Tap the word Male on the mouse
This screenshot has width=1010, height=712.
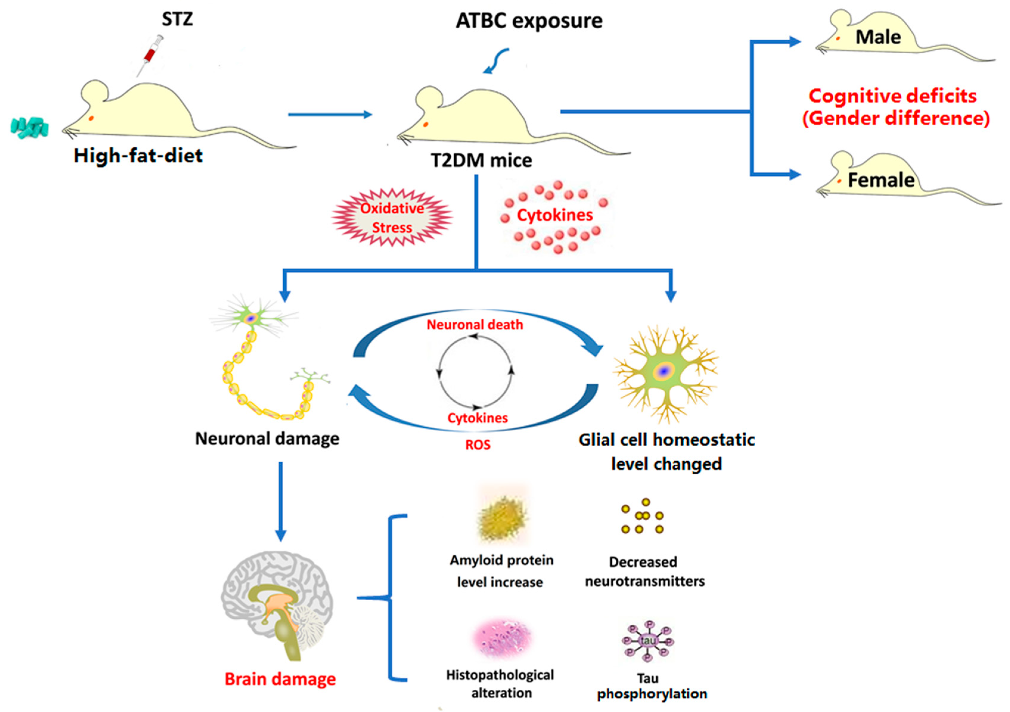coord(878,37)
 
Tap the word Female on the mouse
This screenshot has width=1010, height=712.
coord(881,180)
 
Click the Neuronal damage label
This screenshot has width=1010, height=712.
coord(267,439)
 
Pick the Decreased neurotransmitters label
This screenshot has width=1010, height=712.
coord(644,572)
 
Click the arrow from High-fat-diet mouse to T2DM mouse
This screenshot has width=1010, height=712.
coord(330,115)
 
